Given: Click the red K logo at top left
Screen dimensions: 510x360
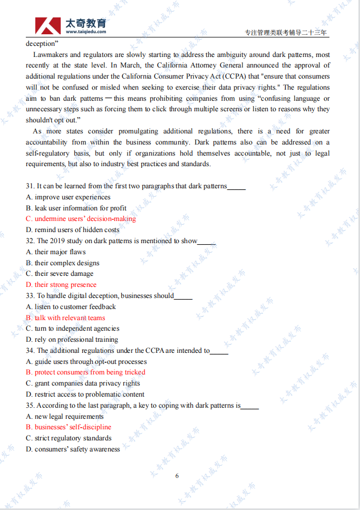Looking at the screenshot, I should coord(48,25).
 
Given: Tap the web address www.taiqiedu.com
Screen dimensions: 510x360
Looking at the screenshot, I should coord(86,32).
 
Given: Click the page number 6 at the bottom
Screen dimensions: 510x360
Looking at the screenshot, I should coord(177,476).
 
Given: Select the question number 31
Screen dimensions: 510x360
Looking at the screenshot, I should coord(30,186).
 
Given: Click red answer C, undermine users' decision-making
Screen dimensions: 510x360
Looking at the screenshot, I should coord(81,219).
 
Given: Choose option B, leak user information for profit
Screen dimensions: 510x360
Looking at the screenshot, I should coord(76,208).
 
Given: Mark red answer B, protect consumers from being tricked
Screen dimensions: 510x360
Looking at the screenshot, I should coord(85,372).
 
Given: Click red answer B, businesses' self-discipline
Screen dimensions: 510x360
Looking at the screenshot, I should coord(69,427).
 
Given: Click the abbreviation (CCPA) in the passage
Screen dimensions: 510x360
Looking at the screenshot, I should coord(211,76).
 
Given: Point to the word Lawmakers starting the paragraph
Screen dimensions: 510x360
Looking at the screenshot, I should coord(50,55).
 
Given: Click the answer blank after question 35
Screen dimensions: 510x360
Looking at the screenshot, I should coord(250,406).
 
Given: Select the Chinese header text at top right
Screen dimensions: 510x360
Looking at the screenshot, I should coord(286,33).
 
